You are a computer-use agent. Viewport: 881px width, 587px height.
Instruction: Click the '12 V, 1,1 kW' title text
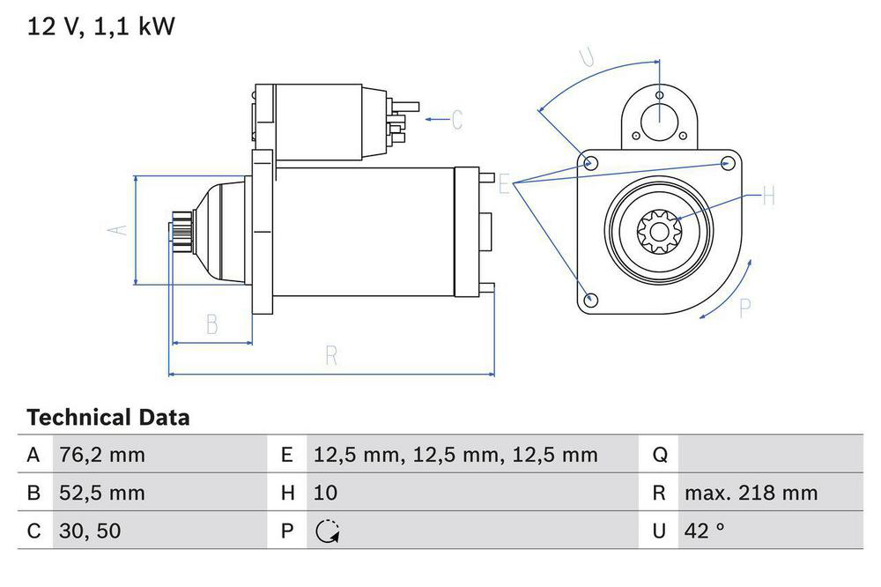[x=101, y=26]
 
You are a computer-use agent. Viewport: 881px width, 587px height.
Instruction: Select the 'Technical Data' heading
[x=107, y=417]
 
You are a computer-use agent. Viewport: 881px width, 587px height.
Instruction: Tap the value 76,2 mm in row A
[x=101, y=455]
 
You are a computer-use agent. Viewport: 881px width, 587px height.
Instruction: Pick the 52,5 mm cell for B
[x=101, y=493]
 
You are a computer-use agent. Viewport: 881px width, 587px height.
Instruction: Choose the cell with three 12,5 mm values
[x=455, y=455]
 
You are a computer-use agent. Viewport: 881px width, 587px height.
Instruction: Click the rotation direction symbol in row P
[x=328, y=531]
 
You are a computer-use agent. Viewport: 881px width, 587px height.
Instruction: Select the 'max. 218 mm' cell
[x=751, y=493]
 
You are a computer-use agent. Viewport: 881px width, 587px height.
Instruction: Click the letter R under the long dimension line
[x=331, y=356]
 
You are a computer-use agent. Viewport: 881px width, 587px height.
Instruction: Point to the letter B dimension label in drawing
[x=211, y=324]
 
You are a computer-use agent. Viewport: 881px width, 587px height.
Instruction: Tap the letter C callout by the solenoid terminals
[x=456, y=119]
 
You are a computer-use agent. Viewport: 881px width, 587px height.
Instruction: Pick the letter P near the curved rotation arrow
[x=745, y=308]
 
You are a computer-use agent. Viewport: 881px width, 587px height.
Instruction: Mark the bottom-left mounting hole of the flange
[x=591, y=300]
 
